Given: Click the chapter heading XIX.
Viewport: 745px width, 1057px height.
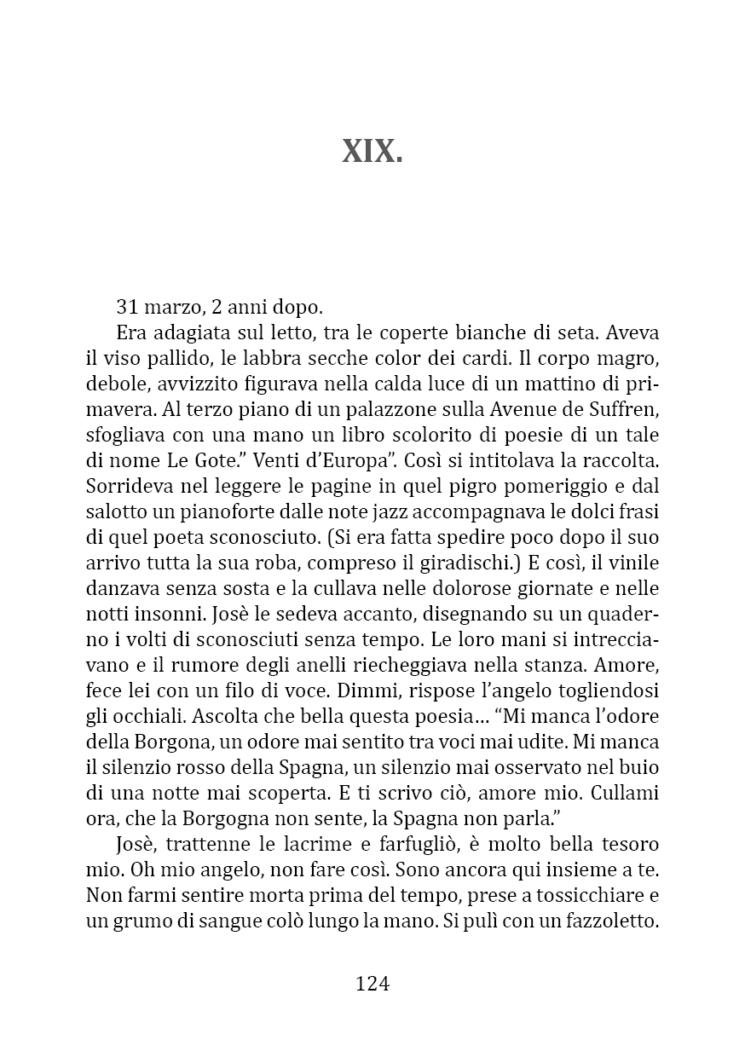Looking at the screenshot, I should click(x=372, y=152).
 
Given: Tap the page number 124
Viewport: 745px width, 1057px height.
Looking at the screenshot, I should click(x=372, y=984).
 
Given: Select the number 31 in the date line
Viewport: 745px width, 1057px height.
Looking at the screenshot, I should click(x=127, y=307).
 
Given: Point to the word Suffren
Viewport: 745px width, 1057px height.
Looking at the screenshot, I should click(x=621, y=409).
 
